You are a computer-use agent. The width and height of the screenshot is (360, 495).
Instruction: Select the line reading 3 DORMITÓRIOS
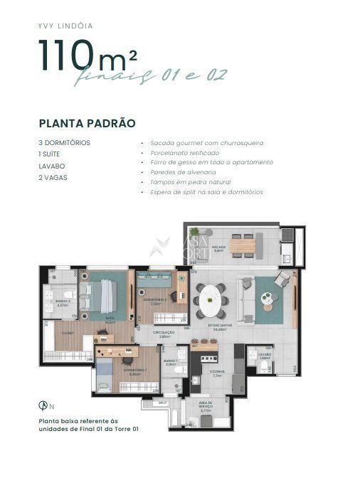click(65, 142)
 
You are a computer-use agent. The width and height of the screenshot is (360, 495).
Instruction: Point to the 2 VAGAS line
click(53, 177)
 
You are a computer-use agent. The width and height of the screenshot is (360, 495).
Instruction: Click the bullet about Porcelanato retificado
click(184, 153)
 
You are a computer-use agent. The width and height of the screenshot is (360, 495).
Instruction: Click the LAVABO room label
click(265, 354)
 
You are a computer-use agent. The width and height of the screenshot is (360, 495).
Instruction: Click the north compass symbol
click(43, 405)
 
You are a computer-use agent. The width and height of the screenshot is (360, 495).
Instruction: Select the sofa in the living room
click(246, 300)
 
